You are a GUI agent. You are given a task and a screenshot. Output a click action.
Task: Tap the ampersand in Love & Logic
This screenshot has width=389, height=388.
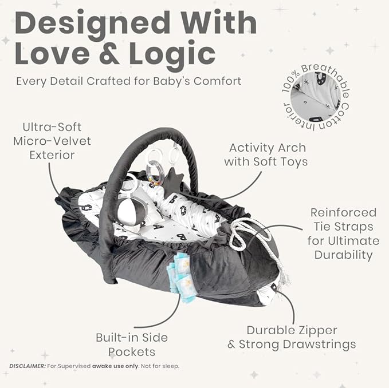point(109,54)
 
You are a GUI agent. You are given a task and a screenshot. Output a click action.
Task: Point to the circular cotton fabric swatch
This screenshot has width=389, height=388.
point(316,97)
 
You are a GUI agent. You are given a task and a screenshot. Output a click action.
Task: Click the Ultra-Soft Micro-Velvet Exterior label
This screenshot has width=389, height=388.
point(52,141)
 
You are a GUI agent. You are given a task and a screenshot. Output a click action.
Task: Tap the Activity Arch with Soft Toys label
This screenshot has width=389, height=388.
point(266,155)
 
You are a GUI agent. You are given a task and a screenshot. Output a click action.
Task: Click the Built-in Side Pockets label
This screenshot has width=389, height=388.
point(132,345)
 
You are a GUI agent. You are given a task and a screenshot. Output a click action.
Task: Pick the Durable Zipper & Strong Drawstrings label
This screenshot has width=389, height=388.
point(292,338)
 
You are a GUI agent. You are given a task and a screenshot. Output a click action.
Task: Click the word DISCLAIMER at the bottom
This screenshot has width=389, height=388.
point(27,366)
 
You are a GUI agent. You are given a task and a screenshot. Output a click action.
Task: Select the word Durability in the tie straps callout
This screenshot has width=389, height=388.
point(344,255)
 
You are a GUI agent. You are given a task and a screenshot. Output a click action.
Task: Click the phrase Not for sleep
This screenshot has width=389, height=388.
point(160,366)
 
